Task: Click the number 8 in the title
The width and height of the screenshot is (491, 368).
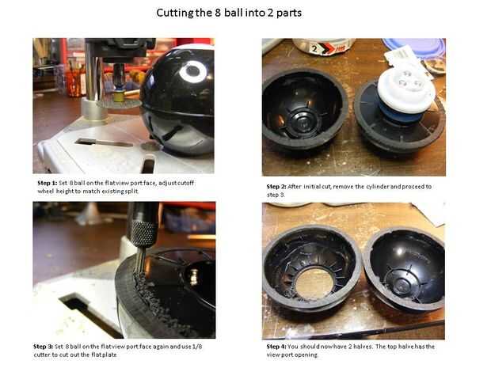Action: click(x=218, y=13)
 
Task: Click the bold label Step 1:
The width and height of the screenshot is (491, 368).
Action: click(x=48, y=183)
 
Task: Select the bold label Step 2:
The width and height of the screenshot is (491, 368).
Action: click(x=276, y=187)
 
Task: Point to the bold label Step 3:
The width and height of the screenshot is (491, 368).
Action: click(x=44, y=347)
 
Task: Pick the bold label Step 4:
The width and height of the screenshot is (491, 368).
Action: click(x=276, y=347)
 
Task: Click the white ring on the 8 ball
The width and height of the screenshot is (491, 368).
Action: click(x=192, y=71)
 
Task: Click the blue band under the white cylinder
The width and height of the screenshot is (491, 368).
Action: click(x=398, y=114)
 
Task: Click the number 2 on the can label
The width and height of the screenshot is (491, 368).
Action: click(x=314, y=48)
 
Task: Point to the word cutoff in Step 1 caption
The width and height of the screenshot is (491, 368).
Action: click(x=185, y=183)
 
